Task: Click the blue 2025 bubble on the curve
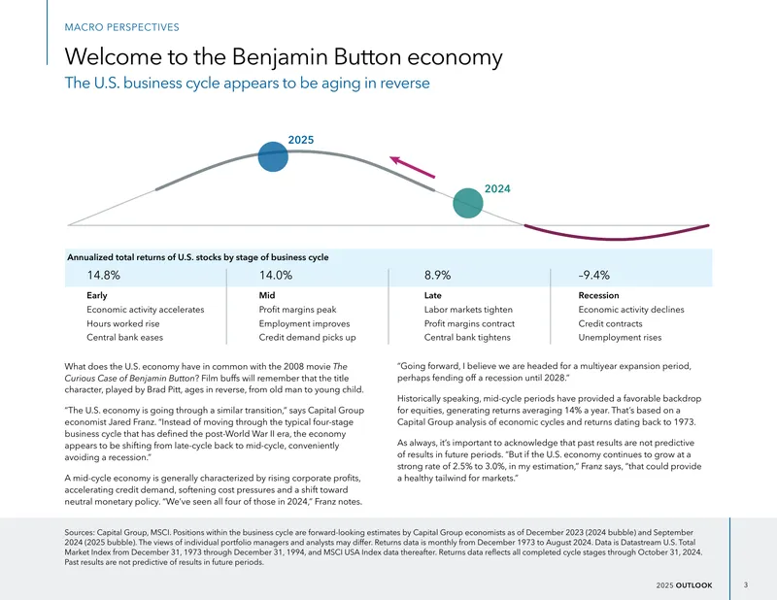tap(273, 156)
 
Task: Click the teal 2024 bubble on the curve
tap(468, 203)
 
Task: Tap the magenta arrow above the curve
tap(412, 167)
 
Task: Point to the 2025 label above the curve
tap(301, 140)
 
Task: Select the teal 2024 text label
tap(497, 188)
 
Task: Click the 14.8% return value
tap(104, 275)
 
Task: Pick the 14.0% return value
tap(276, 275)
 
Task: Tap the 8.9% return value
tap(438, 275)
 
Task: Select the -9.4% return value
tap(593, 275)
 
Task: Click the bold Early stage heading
tap(96, 295)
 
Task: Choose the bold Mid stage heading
tap(266, 295)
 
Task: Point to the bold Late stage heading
tap(432, 295)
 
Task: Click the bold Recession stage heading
tap(598, 295)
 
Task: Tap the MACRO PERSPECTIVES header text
tap(122, 27)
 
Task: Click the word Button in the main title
tap(367, 56)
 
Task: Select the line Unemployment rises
tap(620, 338)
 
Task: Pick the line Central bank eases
tap(125, 338)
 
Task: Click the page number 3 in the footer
tap(746, 585)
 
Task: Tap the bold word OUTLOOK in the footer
tap(694, 585)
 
